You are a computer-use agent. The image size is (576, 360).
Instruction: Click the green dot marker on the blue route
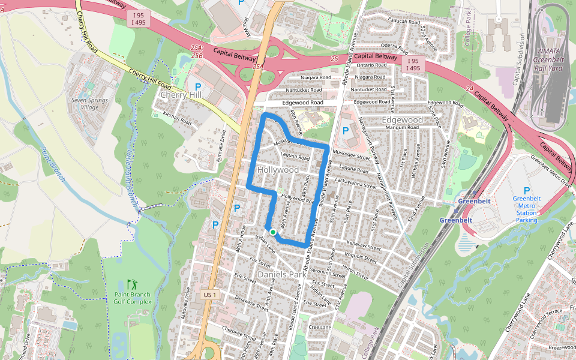tap(272, 232)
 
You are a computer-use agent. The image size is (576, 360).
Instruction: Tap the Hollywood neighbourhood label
tap(278, 170)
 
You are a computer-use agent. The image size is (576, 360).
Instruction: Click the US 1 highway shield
tap(209, 295)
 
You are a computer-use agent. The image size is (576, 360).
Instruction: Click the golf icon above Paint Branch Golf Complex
tap(131, 283)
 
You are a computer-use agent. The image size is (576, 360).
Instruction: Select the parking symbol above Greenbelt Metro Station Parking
tap(527, 191)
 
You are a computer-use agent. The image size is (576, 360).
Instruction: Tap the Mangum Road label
tap(401, 128)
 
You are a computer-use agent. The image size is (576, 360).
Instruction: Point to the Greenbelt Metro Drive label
tap(551, 173)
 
